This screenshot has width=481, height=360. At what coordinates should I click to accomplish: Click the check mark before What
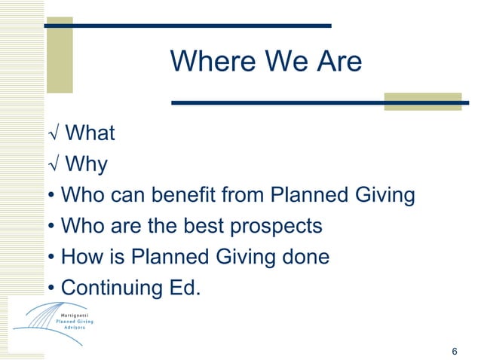click(52, 134)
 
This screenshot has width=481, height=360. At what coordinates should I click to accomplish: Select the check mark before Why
click(52, 164)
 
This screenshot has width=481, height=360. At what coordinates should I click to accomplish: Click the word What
click(90, 133)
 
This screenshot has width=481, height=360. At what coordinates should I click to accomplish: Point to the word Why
click(87, 164)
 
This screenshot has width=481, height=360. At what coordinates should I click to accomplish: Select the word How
click(81, 257)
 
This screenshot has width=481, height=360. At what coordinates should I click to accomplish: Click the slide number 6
click(454, 352)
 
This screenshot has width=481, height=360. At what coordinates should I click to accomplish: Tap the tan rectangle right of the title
click(412, 102)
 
